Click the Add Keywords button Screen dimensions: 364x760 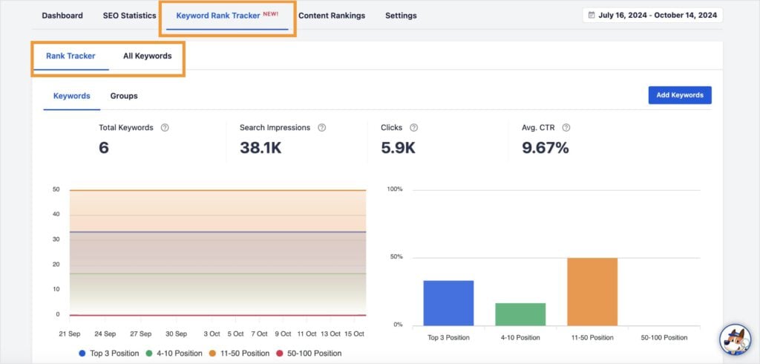pyautogui.click(x=680, y=95)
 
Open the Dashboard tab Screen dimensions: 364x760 pyautogui.click(x=62, y=16)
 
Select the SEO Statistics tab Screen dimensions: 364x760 pyautogui.click(x=129, y=16)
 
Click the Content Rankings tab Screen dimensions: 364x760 pyautogui.click(x=332, y=16)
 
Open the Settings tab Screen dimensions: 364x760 pyautogui.click(x=401, y=16)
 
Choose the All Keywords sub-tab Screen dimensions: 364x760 pyautogui.click(x=147, y=56)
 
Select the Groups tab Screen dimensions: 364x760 pyautogui.click(x=124, y=96)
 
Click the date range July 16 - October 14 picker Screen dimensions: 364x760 pyautogui.click(x=652, y=15)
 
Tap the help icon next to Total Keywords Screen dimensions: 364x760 pyautogui.click(x=165, y=128)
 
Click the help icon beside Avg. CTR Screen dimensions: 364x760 pyautogui.click(x=566, y=128)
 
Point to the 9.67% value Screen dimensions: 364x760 pyautogui.click(x=545, y=148)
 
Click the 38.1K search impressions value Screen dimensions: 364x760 pyautogui.click(x=261, y=148)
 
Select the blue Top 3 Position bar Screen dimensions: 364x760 pyautogui.click(x=448, y=302)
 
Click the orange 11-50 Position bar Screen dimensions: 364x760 pyautogui.click(x=592, y=291)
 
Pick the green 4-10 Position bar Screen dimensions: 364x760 pyautogui.click(x=520, y=313)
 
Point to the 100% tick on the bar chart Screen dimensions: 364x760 pyautogui.click(x=395, y=189)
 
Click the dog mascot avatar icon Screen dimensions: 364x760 pyautogui.click(x=735, y=339)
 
